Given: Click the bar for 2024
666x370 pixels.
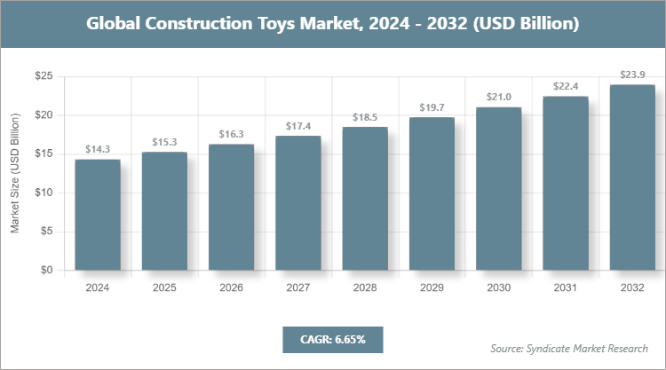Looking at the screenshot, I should click(x=98, y=215).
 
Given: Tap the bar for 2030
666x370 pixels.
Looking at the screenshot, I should click(x=499, y=188).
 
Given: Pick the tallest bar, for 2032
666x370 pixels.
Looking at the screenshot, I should click(x=632, y=177).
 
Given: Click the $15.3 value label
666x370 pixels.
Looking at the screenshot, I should click(x=164, y=142).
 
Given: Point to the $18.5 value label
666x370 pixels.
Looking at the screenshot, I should click(x=365, y=117).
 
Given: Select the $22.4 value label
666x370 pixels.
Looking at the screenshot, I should click(x=566, y=86).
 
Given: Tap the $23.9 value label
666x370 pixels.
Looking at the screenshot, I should click(x=632, y=75).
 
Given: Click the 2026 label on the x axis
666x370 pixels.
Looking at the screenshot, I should click(x=231, y=287).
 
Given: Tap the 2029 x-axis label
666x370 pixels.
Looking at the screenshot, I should click(x=432, y=287).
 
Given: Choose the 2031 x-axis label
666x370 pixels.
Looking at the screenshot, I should click(x=566, y=287).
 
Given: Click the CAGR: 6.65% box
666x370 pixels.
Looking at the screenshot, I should click(x=332, y=339).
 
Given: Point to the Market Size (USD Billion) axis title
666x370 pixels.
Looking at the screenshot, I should click(x=15, y=174).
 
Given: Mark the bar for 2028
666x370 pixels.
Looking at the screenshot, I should click(x=365, y=198).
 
